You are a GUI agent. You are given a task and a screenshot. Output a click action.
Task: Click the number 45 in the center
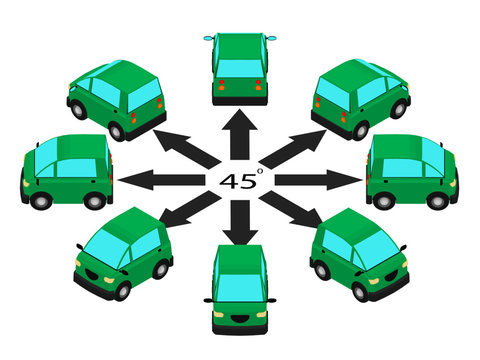[239, 180]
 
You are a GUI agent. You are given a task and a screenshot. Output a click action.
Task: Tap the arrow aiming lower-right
[291, 213]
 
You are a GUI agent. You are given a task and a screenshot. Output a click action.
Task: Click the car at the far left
[66, 171]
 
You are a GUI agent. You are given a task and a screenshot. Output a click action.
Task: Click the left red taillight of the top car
[220, 87]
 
